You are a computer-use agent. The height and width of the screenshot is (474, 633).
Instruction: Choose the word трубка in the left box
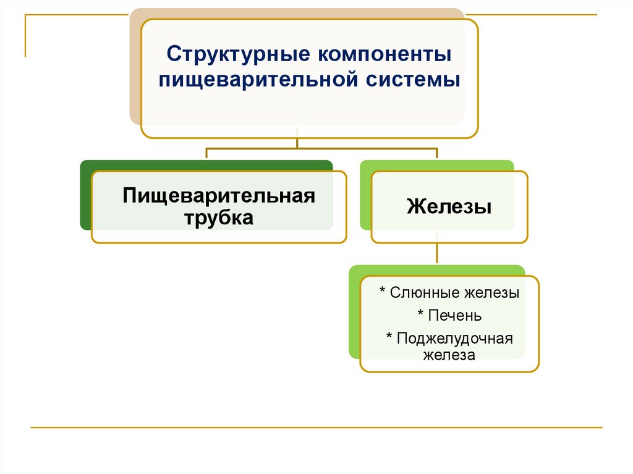pos(219,218)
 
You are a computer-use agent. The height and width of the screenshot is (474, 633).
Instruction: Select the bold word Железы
pos(449,206)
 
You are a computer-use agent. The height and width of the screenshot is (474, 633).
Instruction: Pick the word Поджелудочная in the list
pos(456,339)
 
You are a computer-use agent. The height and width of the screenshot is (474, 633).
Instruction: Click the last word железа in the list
pos(449,355)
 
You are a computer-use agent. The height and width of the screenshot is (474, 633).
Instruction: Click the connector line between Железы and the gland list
pos(438,253)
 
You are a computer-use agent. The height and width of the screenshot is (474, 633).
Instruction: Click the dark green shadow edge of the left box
pos(85,198)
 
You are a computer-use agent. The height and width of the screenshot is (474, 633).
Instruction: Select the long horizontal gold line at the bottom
pos(316,427)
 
